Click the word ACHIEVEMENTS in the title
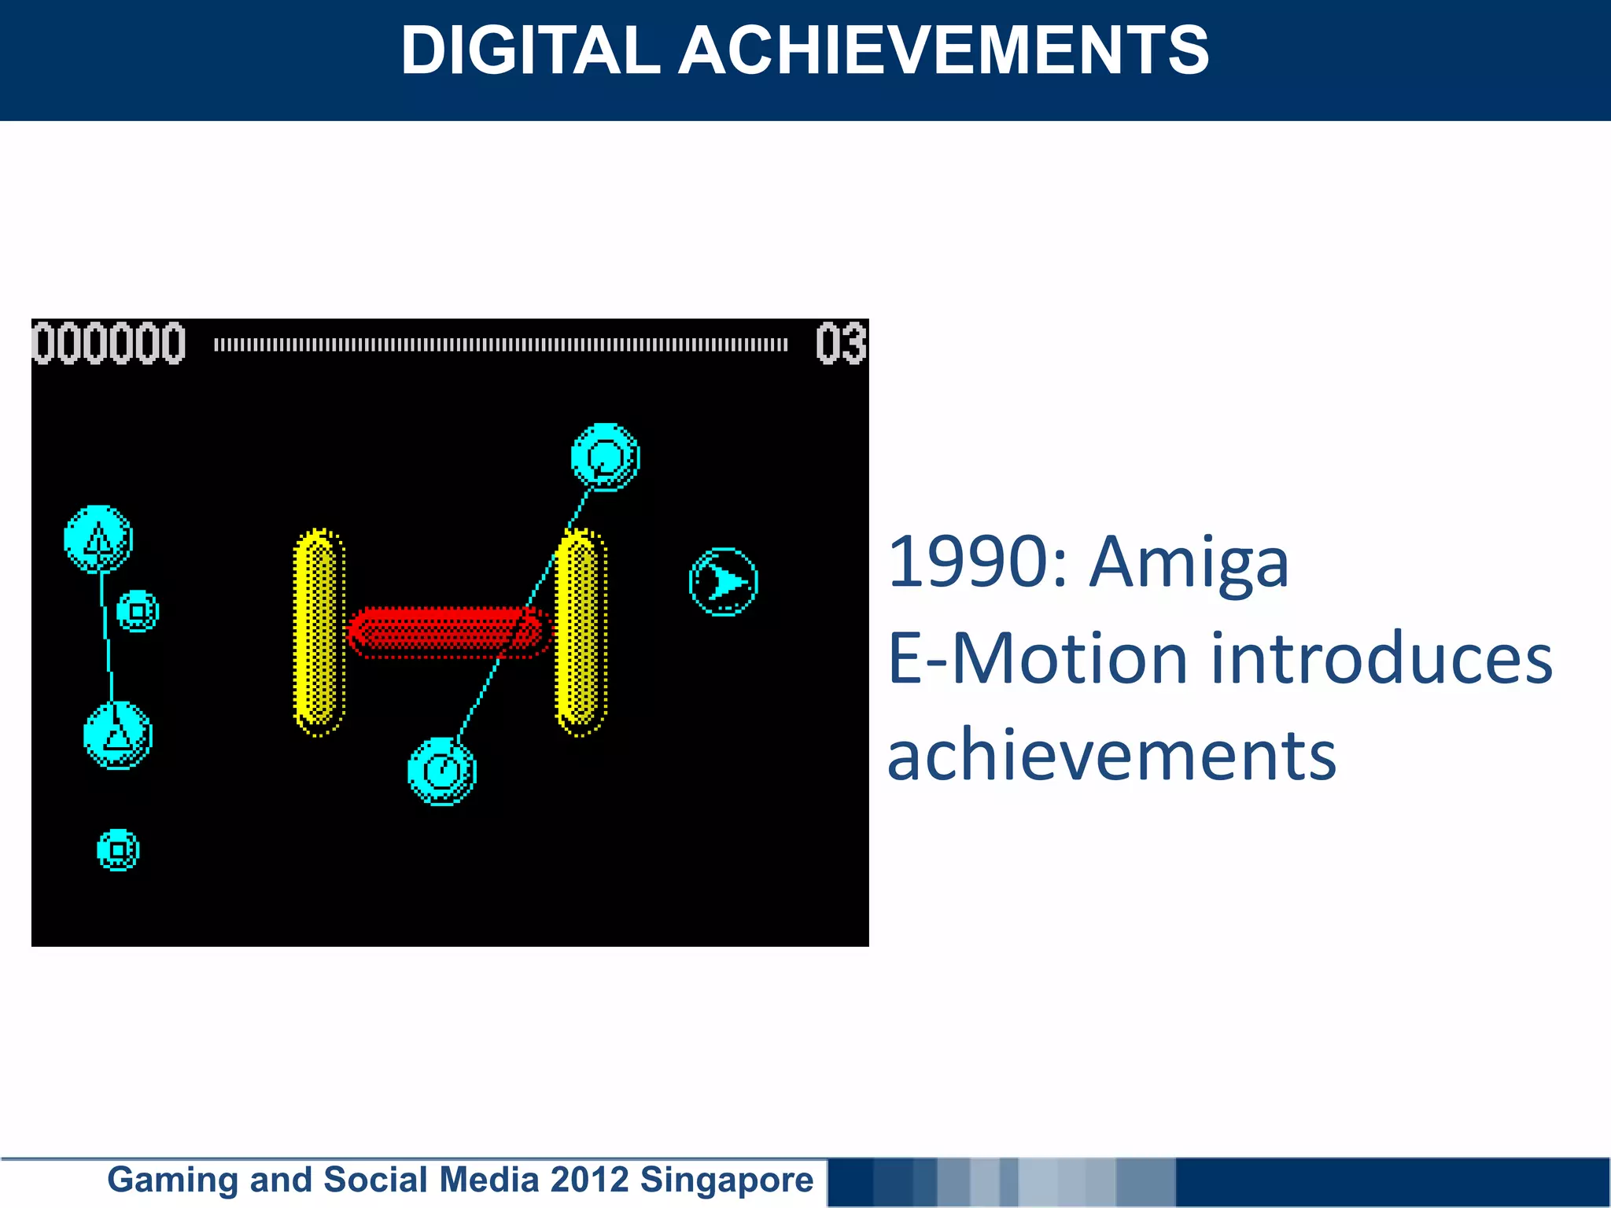coord(943,50)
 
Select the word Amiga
coord(1189,563)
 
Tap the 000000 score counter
coord(109,344)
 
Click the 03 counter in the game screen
coord(840,344)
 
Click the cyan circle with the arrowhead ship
coord(723,582)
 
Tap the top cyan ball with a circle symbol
coord(605,457)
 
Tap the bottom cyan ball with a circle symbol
coord(442,771)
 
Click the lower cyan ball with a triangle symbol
coord(118,735)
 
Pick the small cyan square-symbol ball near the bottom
coord(118,850)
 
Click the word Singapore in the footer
coord(726,1180)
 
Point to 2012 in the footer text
coord(589,1180)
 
